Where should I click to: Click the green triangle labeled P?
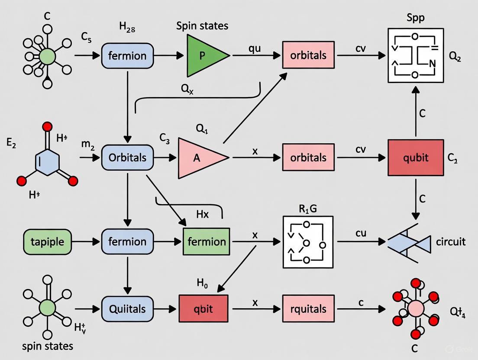pos(204,55)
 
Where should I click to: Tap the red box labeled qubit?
pos(415,157)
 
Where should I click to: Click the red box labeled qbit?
pos(203,309)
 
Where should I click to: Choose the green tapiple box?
pos(48,241)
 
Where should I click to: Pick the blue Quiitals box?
pos(127,309)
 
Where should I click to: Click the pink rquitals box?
pos(308,309)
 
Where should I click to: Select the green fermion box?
pos(207,241)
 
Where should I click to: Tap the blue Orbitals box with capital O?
pos(127,157)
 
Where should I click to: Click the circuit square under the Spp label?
pos(415,55)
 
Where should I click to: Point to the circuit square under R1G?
pos(308,241)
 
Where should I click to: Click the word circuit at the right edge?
pos(451,241)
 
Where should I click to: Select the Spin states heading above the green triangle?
pos(202,26)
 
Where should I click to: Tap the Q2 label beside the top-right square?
pos(455,57)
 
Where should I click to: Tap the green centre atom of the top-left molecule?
pos(47,56)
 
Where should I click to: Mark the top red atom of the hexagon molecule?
pos(48,127)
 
